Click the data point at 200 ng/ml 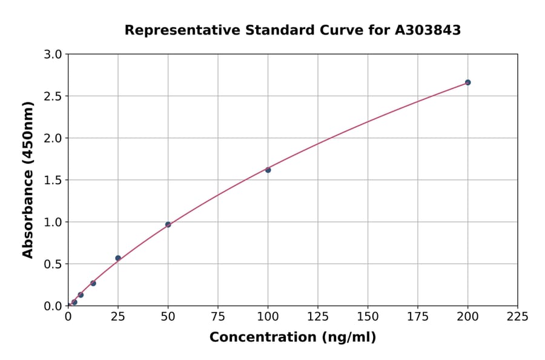tap(467, 82)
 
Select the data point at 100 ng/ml tap(268, 170)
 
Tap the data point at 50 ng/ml tap(168, 224)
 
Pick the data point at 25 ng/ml tap(118, 258)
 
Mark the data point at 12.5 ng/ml tap(93, 283)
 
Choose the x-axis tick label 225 tap(517, 316)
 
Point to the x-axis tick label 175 tap(417, 316)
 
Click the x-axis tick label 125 tap(318, 316)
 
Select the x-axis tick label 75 tap(218, 316)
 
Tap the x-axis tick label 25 tap(118, 316)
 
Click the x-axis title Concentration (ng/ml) tap(292, 338)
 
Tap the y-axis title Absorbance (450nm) tap(28, 179)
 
